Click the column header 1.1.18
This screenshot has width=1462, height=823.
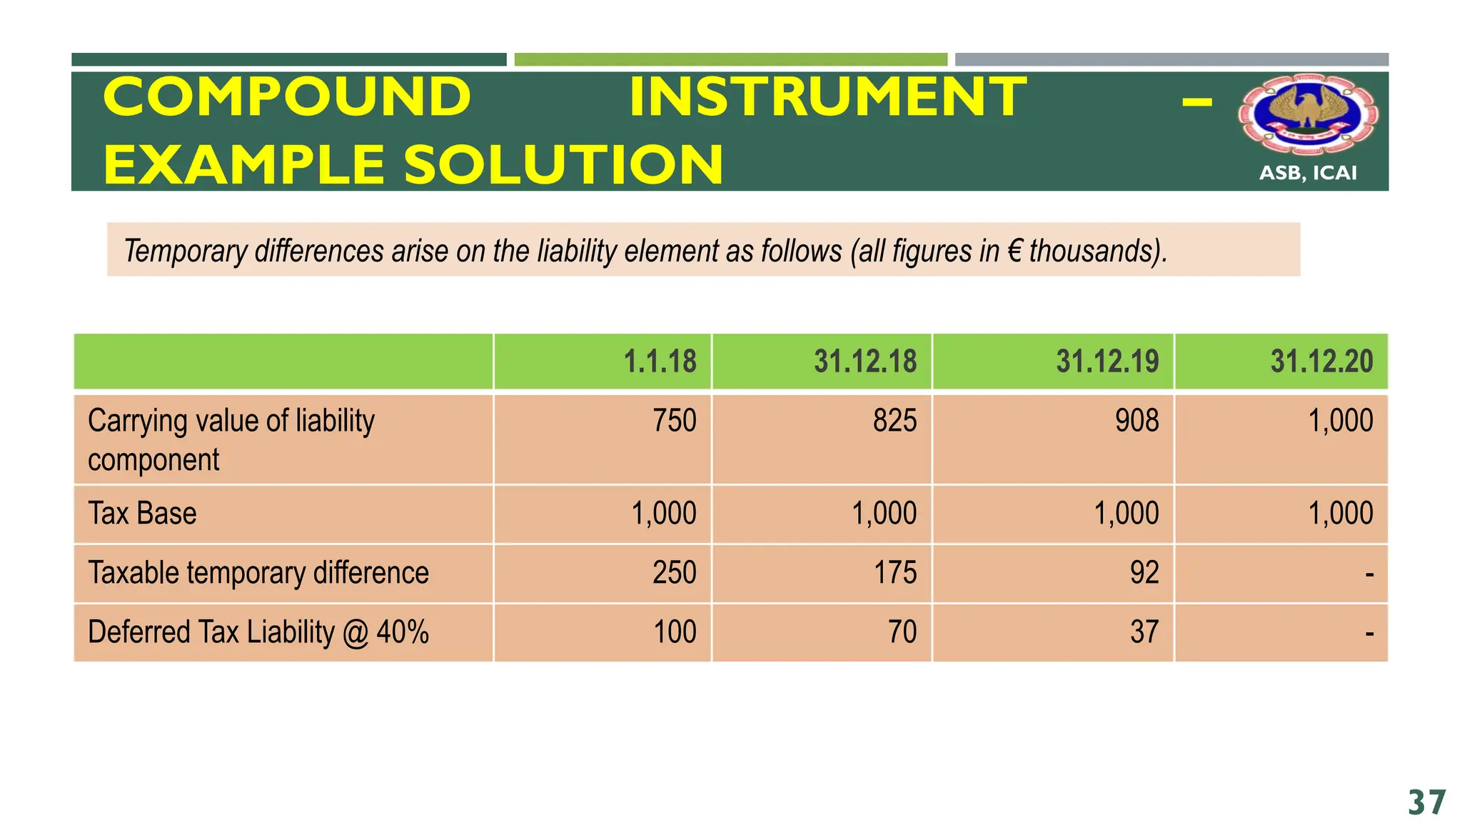pyautogui.click(x=660, y=361)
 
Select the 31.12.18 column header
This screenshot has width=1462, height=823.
pyautogui.click(x=865, y=361)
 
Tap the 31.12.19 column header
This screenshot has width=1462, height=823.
pyautogui.click(x=1107, y=361)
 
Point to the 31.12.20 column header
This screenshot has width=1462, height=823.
pyautogui.click(x=1321, y=361)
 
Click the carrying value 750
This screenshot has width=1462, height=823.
pyautogui.click(x=675, y=420)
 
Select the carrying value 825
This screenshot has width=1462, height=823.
pyautogui.click(x=894, y=420)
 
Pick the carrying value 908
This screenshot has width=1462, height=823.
pyautogui.click(x=1137, y=420)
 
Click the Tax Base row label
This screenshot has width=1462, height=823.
pyautogui.click(x=142, y=514)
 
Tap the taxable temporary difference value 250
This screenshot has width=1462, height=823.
pyautogui.click(x=675, y=573)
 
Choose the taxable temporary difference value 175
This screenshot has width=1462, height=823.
pyautogui.click(x=895, y=573)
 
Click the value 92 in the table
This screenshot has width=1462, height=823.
pyautogui.click(x=1144, y=573)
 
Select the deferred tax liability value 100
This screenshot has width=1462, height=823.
pyautogui.click(x=675, y=632)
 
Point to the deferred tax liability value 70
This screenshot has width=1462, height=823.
pyautogui.click(x=902, y=632)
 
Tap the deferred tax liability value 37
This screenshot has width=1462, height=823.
pyautogui.click(x=1144, y=632)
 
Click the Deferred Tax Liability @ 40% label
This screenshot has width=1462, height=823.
pyautogui.click(x=258, y=632)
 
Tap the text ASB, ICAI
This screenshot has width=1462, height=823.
pyautogui.click(x=1308, y=173)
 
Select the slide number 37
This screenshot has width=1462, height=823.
pyautogui.click(x=1427, y=803)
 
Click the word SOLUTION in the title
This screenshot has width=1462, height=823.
pyautogui.click(x=564, y=164)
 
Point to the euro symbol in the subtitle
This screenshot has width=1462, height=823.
pyautogui.click(x=1014, y=251)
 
